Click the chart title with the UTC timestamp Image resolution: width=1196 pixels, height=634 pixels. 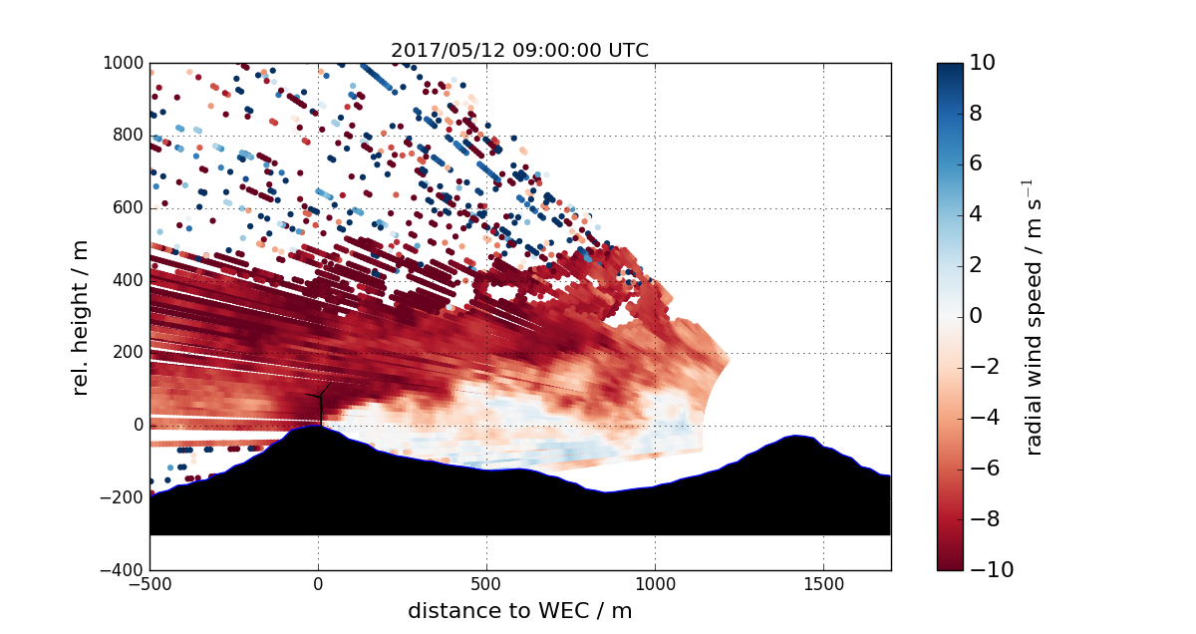point(519,51)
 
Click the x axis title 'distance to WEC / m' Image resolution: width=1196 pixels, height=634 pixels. point(519,610)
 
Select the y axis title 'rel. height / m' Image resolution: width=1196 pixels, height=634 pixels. point(82,316)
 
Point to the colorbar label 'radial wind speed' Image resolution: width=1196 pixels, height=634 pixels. point(1034,316)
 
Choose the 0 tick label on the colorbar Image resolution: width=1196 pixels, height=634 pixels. point(977,316)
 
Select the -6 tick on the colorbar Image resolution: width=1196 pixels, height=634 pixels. point(982,469)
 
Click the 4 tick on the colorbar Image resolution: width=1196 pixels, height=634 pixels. point(977,214)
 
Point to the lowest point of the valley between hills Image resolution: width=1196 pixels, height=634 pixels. point(602,490)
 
